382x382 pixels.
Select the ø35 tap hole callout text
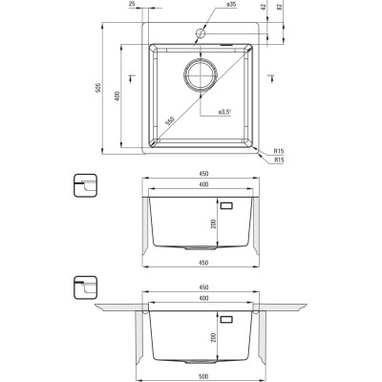coord(232,6)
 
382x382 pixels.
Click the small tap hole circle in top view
coord(200,35)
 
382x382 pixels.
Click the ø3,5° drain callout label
coord(225,114)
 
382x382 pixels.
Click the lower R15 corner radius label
coord(278,159)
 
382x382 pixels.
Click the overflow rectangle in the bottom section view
coord(228,311)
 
